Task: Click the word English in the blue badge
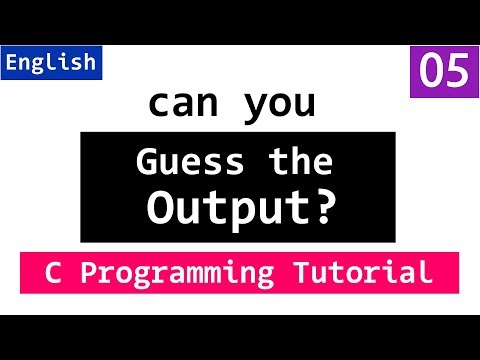coord(51,62)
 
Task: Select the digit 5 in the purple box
coord(455,72)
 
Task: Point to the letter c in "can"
coord(156,104)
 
